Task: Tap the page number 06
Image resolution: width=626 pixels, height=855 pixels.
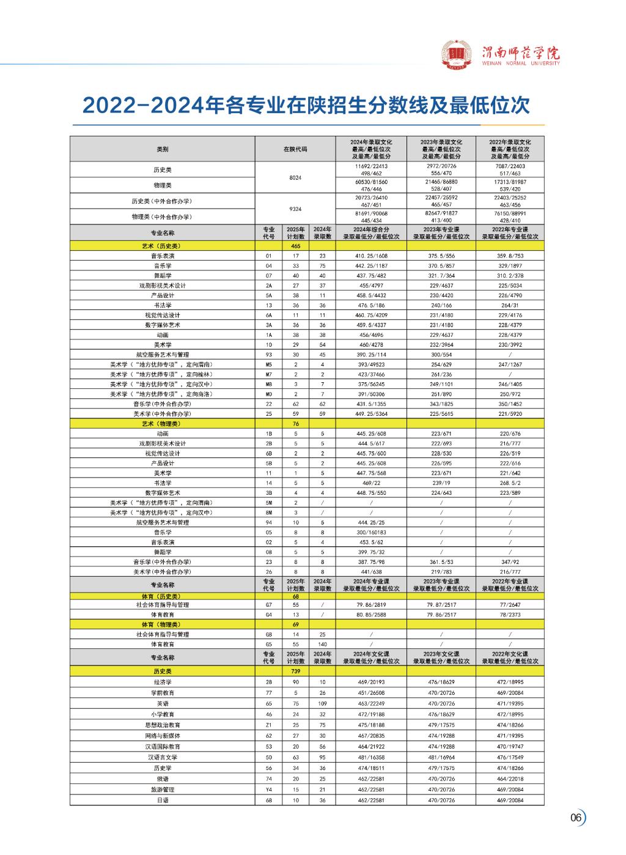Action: (575, 818)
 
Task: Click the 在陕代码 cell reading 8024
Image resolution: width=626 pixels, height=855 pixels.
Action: (295, 177)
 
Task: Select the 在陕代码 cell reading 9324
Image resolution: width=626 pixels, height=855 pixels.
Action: (295, 209)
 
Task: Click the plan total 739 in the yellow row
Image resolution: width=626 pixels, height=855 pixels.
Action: (295, 671)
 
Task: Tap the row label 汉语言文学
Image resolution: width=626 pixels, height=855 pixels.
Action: (162, 757)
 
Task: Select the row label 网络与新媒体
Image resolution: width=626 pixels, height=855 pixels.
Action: (162, 736)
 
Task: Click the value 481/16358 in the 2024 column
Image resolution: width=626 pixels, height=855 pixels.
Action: (371, 757)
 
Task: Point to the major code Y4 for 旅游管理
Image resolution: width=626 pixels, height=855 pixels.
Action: (268, 790)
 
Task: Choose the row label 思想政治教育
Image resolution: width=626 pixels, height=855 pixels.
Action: (162, 725)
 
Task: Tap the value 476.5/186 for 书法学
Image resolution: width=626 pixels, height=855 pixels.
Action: (371, 305)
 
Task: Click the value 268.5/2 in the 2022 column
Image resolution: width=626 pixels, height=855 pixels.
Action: (510, 483)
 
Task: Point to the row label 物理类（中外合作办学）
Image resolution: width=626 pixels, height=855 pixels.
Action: (162, 217)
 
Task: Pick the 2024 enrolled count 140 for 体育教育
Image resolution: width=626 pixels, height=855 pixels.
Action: (322, 645)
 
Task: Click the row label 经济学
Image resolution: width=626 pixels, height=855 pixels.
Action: (162, 682)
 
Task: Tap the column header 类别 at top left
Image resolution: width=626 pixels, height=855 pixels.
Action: (162, 149)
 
